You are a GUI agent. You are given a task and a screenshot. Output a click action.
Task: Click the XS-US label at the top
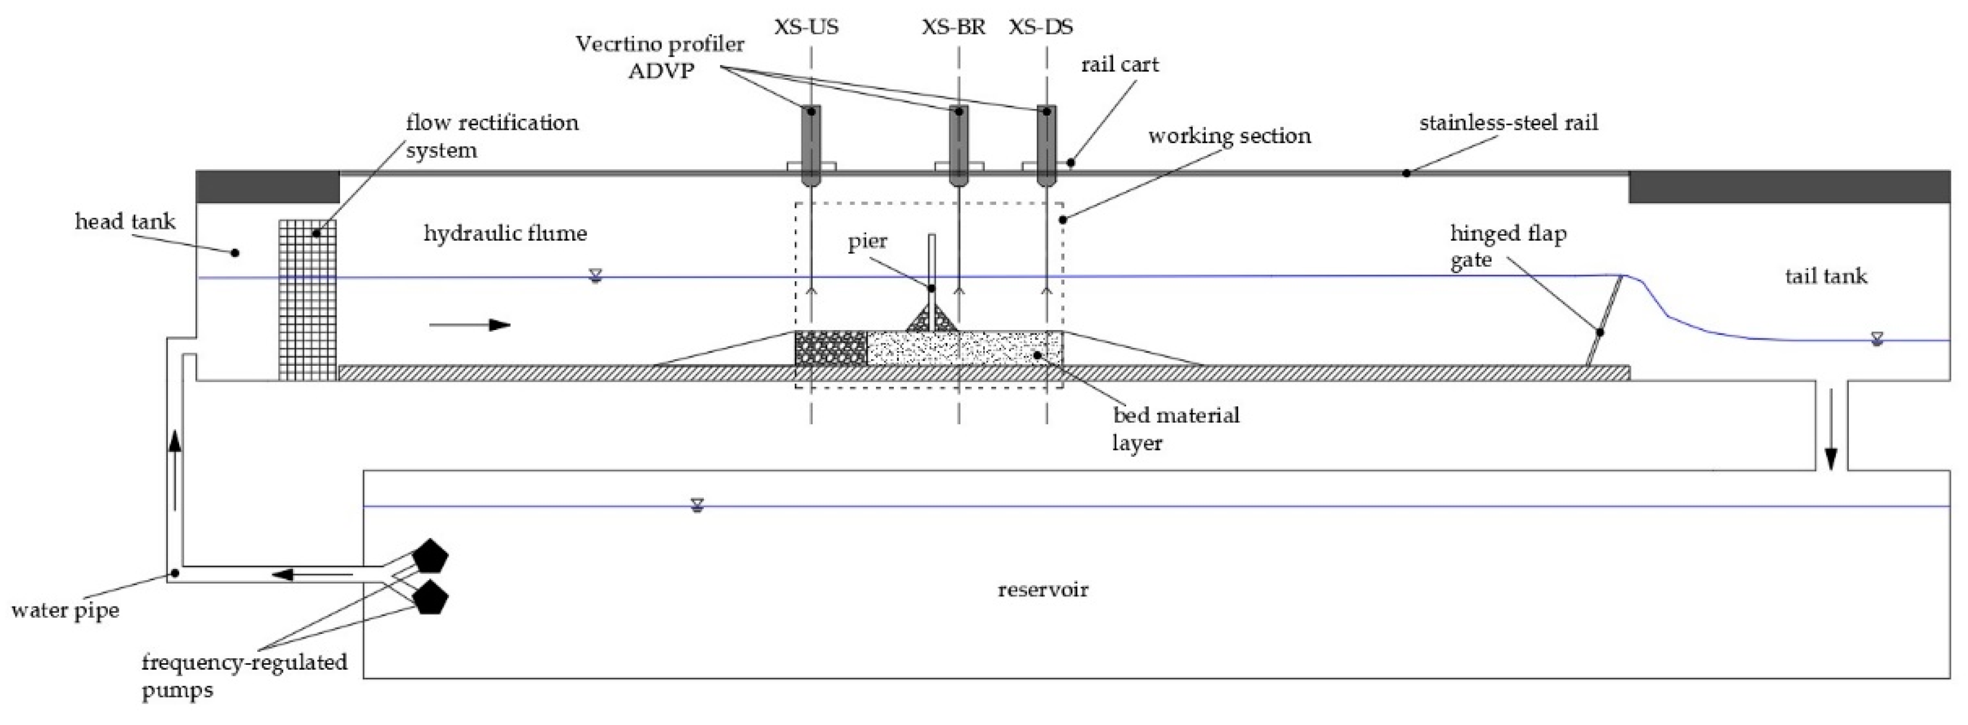tap(806, 27)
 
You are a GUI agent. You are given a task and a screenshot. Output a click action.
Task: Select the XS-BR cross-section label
tap(953, 27)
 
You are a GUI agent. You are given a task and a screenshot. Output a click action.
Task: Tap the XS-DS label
tap(1040, 27)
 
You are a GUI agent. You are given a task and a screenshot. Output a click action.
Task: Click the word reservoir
tap(1043, 590)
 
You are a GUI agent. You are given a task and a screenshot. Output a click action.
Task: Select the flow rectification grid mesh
tap(307, 300)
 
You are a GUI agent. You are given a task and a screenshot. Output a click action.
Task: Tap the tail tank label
tap(1825, 276)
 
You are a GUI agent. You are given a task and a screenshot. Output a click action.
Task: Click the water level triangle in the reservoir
tap(696, 504)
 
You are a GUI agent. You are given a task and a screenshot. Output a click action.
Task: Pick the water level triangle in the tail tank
tap(1876, 338)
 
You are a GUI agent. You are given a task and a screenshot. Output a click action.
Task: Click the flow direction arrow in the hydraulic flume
tap(470, 325)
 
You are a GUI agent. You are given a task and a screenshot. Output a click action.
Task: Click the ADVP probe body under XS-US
tap(810, 145)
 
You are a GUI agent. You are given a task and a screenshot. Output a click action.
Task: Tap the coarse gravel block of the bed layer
tap(831, 349)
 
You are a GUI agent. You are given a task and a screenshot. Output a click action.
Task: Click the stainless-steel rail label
tap(1508, 123)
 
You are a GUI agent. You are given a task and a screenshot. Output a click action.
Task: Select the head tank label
tap(124, 222)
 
